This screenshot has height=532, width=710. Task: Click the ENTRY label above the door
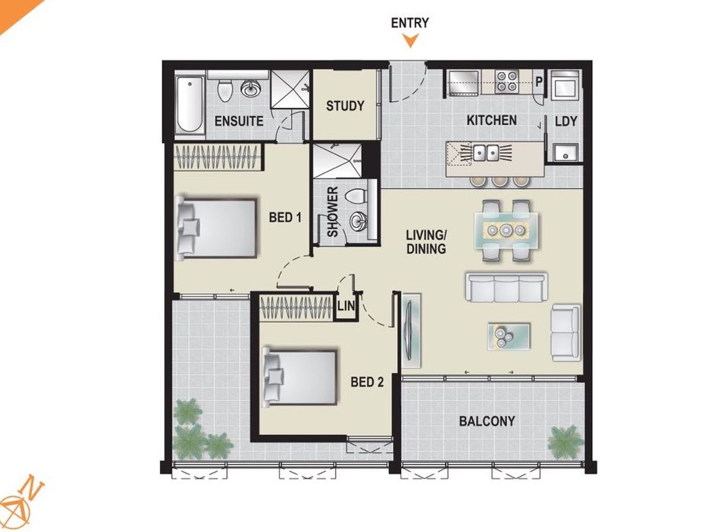click(410, 22)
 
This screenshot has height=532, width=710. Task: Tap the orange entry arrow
click(410, 41)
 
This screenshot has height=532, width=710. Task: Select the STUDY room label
click(345, 106)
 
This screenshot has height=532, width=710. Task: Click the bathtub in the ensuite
click(190, 105)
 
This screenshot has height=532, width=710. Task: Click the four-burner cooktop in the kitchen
click(506, 82)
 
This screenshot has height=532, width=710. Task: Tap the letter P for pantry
click(538, 82)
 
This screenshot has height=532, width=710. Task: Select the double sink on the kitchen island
click(486, 153)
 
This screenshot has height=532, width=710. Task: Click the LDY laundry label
click(566, 121)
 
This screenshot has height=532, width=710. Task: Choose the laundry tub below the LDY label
click(566, 153)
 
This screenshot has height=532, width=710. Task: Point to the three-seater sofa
click(506, 287)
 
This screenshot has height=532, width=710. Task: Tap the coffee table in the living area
click(509, 336)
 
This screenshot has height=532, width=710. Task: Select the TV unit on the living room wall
click(411, 330)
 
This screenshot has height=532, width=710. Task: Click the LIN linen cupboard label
click(346, 306)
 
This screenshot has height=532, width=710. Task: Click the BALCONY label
click(487, 421)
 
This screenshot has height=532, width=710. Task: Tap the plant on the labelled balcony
click(565, 443)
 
